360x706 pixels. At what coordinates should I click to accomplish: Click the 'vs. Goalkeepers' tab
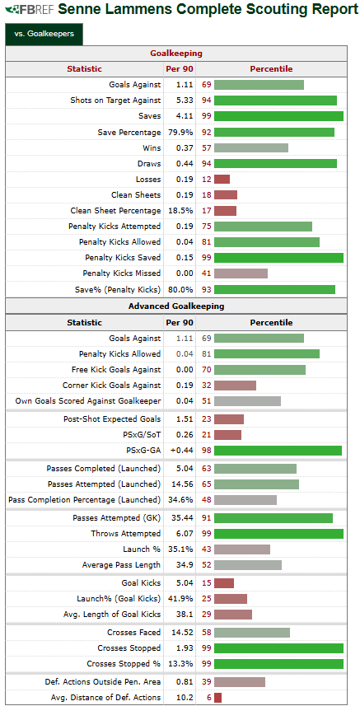tap(44, 33)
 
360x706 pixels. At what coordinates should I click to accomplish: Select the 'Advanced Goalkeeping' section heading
tap(176, 306)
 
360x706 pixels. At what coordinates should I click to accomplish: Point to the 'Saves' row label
tap(149, 115)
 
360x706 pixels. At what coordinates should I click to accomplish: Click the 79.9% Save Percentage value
tap(180, 132)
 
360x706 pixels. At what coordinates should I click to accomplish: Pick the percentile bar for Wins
tap(251, 147)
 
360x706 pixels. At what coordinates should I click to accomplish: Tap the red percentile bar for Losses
tap(222, 180)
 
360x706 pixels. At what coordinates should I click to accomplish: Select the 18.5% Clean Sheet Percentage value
tap(180, 211)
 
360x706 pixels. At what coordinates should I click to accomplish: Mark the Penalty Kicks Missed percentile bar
tap(241, 274)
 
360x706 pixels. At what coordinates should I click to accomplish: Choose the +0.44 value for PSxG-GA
tap(182, 451)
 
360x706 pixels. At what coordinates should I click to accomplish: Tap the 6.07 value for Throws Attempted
tap(185, 534)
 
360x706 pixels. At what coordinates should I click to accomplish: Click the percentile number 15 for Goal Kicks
tap(207, 583)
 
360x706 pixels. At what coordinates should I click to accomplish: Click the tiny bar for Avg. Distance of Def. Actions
tap(217, 698)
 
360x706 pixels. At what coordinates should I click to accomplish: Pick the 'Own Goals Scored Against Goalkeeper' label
tap(88, 400)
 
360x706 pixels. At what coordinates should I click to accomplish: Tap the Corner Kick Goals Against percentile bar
tap(235, 386)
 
